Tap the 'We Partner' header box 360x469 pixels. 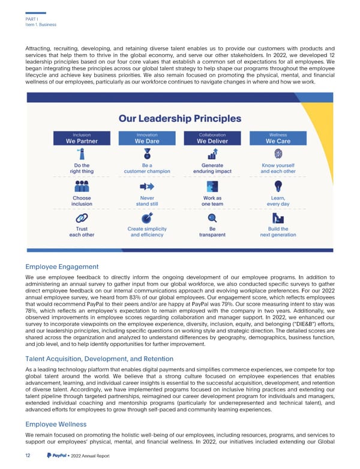tap(81, 139)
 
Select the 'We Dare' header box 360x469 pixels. tap(147, 139)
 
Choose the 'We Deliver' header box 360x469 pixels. tap(212, 139)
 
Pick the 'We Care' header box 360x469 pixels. tap(278, 139)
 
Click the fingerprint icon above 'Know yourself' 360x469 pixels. tap(278, 154)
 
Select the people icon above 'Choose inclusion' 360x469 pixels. tap(82, 187)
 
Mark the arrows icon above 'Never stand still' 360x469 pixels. tap(147, 187)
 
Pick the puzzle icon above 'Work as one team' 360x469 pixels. tap(212, 186)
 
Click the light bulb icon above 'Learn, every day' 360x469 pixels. tap(278, 186)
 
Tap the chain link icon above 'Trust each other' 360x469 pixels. tap(82, 218)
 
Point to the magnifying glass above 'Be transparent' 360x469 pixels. tap(212, 218)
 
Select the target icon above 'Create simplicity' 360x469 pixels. tap(147, 218)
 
